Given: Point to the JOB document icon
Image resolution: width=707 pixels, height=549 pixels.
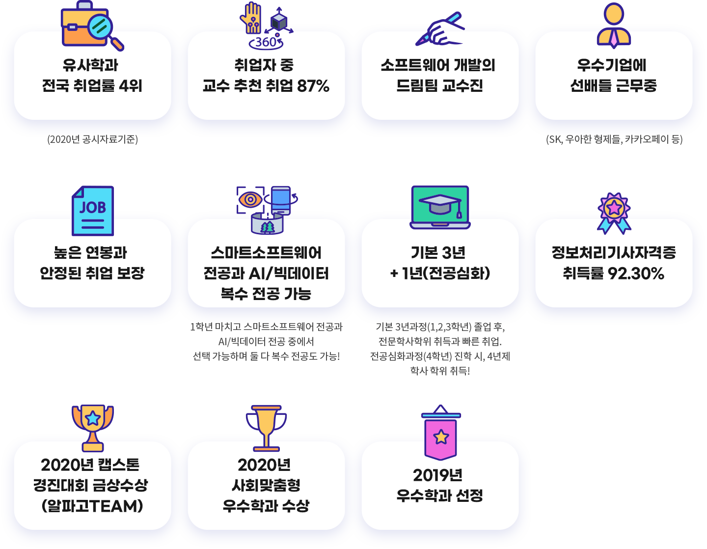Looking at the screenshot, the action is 93,211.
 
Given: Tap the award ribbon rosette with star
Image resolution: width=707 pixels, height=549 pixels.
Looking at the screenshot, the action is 614,213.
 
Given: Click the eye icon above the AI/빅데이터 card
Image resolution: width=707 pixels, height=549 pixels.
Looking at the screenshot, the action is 250,199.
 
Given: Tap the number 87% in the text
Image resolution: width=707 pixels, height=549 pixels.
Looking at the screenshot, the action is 313,86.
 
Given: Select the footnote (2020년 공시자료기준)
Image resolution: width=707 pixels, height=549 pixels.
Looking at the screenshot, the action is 93,139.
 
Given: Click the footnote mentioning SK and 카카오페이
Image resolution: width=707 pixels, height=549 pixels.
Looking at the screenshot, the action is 614,139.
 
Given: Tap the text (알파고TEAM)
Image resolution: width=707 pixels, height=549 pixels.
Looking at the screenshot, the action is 93,506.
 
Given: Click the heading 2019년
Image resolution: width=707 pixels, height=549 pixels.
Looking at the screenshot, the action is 438,475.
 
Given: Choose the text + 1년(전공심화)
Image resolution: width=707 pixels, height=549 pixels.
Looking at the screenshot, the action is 440,274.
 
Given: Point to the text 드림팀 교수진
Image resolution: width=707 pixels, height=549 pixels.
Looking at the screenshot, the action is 440,86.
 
